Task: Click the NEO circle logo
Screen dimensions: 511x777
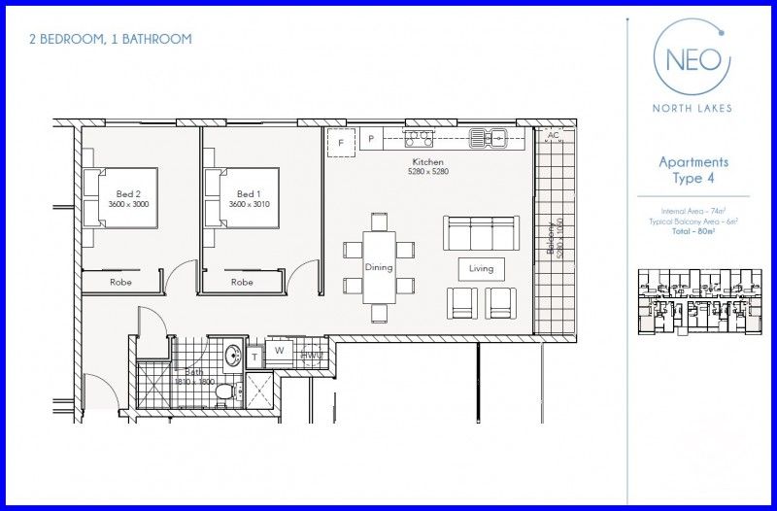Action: (x=692, y=57)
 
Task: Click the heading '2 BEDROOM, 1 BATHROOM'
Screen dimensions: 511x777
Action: (x=110, y=39)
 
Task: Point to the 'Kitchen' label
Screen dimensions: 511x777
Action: (x=427, y=161)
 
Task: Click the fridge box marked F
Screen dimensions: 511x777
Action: (x=340, y=142)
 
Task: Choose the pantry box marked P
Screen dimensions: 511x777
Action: (x=370, y=140)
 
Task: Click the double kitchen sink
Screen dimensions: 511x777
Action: (x=489, y=138)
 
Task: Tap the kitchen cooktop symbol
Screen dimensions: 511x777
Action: (x=419, y=137)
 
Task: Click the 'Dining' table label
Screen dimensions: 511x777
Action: (x=378, y=267)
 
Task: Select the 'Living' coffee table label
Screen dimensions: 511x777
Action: (x=481, y=268)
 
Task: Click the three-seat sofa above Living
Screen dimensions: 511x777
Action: (x=481, y=233)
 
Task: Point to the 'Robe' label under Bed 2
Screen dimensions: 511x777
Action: (x=121, y=283)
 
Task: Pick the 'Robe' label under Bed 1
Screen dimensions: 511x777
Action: (x=242, y=283)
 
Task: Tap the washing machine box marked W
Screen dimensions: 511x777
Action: (x=279, y=351)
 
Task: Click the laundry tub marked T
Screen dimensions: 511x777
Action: (x=254, y=357)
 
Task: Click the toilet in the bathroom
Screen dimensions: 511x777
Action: (x=225, y=392)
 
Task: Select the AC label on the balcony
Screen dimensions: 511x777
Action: (x=554, y=135)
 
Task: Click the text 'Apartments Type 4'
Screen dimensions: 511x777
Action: (x=693, y=170)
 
